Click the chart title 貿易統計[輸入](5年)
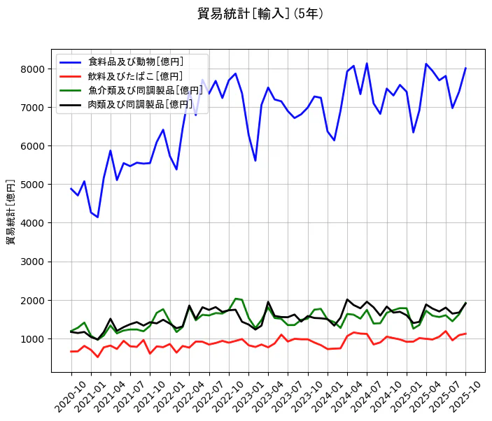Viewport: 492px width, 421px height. pos(260,13)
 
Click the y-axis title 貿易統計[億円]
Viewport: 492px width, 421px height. pos(10,211)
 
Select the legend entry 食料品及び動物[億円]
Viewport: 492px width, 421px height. pos(136,62)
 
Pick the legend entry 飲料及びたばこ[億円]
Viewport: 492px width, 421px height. pos(136,76)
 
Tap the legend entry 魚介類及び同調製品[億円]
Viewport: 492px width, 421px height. pos(141,90)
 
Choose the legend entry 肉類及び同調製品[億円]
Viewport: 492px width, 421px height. pos(141,104)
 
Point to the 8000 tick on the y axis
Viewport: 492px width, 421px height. pos(34,69)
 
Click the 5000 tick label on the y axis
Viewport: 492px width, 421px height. pos(34,185)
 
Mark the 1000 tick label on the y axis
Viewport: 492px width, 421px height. pos(34,339)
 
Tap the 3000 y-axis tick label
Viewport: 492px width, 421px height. pos(34,262)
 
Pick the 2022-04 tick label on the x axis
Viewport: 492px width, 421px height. pos(183,396)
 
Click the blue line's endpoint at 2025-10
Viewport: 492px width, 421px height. pos(465,69)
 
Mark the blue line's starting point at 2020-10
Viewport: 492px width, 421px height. pos(71,189)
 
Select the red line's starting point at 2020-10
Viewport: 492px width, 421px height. pos(71,352)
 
